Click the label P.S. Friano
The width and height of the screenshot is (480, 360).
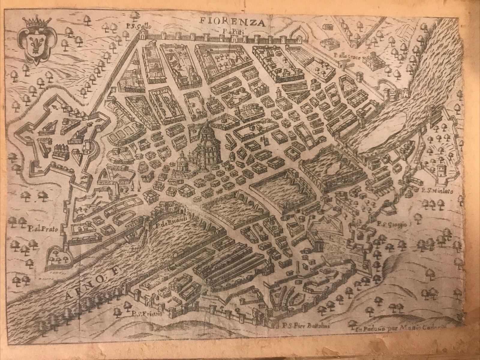pos(142,314)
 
